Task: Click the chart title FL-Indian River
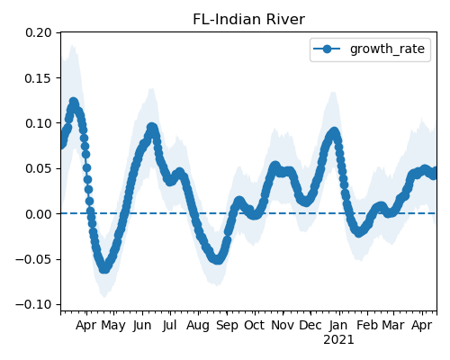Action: click(248, 20)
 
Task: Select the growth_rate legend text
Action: click(387, 49)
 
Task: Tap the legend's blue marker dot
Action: click(327, 49)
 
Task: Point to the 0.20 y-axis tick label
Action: click(39, 32)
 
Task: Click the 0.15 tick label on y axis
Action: click(39, 78)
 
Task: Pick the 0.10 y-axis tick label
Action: click(39, 123)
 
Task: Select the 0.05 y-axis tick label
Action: click(39, 168)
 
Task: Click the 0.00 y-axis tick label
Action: click(39, 214)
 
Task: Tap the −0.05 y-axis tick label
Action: click(33, 259)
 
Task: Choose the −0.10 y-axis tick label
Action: click(33, 305)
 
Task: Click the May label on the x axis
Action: click(113, 326)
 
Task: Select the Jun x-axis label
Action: click(142, 326)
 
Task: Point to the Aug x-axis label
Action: click(198, 326)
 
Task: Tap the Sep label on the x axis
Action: click(227, 326)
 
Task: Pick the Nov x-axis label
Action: click(283, 326)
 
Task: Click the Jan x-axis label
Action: click(338, 326)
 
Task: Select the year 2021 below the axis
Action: click(338, 340)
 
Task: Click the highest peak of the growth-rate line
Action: click(74, 102)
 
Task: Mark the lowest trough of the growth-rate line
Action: click(103, 269)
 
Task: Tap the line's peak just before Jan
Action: click(334, 132)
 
